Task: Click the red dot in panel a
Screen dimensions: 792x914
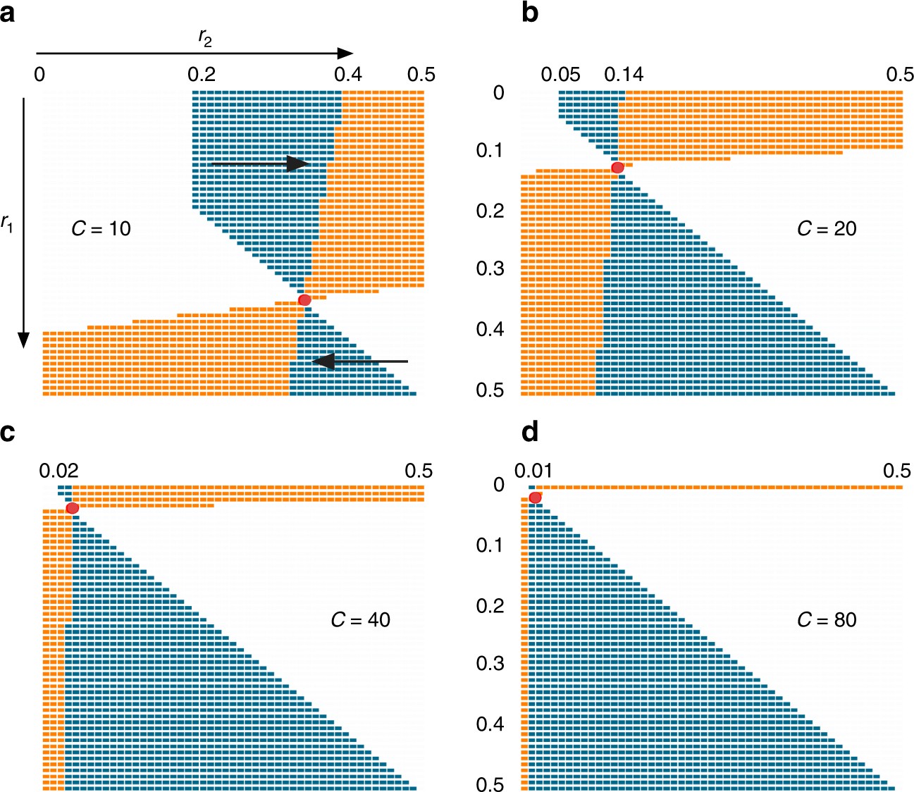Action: pyautogui.click(x=304, y=300)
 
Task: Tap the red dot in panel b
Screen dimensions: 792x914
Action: pyautogui.click(x=617, y=167)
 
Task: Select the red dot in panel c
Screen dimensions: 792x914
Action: pyautogui.click(x=72, y=508)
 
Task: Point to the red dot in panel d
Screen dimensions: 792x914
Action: pyautogui.click(x=535, y=497)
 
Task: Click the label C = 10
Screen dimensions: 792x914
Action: pyautogui.click(x=101, y=228)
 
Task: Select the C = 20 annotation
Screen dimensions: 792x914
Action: pyautogui.click(x=826, y=228)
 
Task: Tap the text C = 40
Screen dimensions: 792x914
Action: pyautogui.click(x=360, y=619)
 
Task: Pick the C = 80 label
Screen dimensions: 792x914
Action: pyautogui.click(x=826, y=619)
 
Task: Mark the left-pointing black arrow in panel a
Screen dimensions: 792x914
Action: pyautogui.click(x=359, y=361)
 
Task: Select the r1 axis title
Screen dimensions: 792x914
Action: pyautogui.click(x=7, y=225)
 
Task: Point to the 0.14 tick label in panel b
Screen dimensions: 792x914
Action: pyautogui.click(x=624, y=75)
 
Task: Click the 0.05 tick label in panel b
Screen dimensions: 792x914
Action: pyautogui.click(x=561, y=75)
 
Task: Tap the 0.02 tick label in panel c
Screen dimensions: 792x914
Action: pyautogui.click(x=58, y=471)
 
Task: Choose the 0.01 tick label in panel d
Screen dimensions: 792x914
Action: pyautogui.click(x=534, y=471)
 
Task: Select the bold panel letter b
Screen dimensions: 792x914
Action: pyautogui.click(x=530, y=13)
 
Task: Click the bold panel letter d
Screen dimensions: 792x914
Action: pyautogui.click(x=530, y=431)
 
